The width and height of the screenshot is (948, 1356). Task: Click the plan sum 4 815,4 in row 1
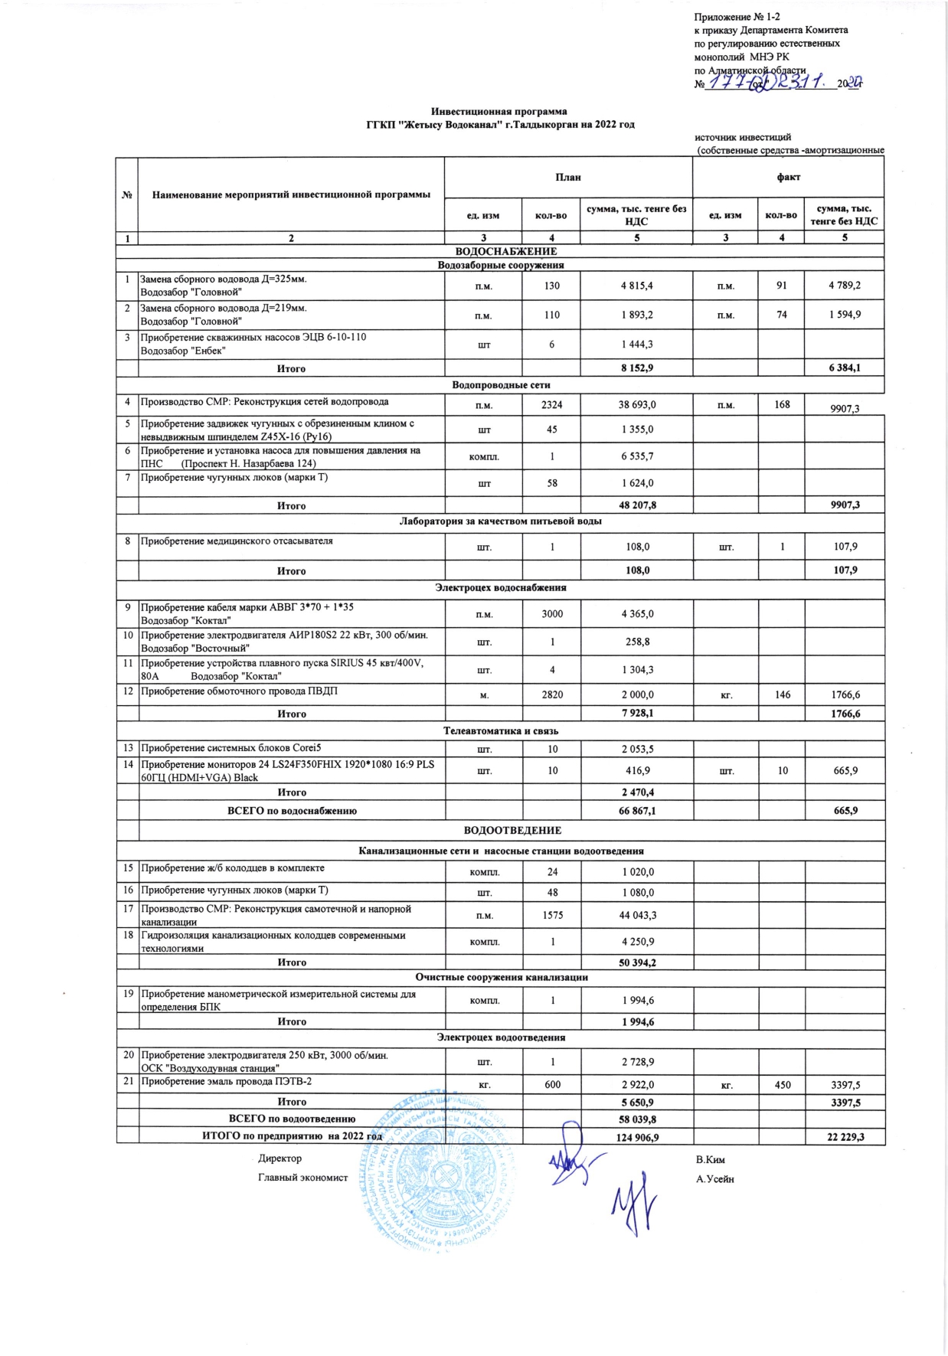click(636, 286)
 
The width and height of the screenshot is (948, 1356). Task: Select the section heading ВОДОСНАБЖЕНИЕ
click(506, 251)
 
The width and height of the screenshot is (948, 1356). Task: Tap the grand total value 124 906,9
click(637, 1137)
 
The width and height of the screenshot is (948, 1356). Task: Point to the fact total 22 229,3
click(845, 1137)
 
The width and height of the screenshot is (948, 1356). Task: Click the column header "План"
click(568, 178)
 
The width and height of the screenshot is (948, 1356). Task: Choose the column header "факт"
click(788, 178)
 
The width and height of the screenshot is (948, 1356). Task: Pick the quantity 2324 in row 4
click(551, 405)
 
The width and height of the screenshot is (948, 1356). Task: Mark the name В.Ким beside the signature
click(710, 1159)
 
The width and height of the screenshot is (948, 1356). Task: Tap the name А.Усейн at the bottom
click(714, 1179)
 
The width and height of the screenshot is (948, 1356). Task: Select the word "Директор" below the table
click(279, 1158)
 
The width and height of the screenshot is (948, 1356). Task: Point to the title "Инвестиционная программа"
click(499, 111)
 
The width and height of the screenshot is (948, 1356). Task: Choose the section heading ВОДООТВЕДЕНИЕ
click(512, 830)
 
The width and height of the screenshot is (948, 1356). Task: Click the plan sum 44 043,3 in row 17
click(637, 915)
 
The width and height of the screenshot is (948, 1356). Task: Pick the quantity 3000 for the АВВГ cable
click(551, 614)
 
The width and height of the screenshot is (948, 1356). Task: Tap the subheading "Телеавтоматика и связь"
click(501, 730)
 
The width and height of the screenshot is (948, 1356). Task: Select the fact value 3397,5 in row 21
click(845, 1084)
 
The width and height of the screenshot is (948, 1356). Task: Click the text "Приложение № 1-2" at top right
click(737, 17)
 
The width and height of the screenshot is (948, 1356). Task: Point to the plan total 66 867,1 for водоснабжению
click(637, 810)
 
